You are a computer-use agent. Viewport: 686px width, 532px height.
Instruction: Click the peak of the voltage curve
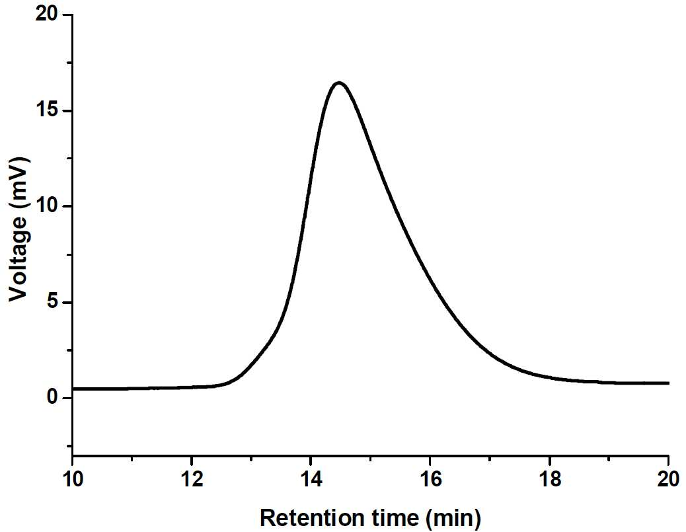tap(338, 83)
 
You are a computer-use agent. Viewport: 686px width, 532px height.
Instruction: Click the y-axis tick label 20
tap(46, 15)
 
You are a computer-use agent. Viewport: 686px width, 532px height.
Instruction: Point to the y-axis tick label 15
tap(47, 110)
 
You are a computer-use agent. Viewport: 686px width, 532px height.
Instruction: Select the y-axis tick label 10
tap(47, 206)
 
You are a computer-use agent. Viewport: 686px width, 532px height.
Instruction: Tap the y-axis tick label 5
tap(53, 302)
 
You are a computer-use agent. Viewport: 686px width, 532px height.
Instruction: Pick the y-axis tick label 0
tap(53, 397)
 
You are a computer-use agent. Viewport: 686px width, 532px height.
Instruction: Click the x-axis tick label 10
tap(73, 479)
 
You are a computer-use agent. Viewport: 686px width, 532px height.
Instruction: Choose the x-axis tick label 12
tap(192, 479)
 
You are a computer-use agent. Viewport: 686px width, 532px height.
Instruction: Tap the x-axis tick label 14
tap(311, 479)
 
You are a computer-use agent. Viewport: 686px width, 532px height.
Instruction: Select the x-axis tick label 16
tap(430, 479)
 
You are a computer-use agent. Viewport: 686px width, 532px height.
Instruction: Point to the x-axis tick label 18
tap(549, 479)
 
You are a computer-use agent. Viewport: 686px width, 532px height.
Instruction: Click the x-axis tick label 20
tap(669, 479)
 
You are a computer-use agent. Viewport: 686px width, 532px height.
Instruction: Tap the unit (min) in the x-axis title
tap(453, 519)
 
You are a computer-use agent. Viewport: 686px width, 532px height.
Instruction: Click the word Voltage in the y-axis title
tap(19, 258)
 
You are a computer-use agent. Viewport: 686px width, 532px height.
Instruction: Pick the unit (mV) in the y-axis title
tap(19, 182)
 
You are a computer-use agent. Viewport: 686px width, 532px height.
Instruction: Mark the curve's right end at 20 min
tap(668, 383)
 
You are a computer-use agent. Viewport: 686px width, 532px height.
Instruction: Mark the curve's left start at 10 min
tap(73, 389)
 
